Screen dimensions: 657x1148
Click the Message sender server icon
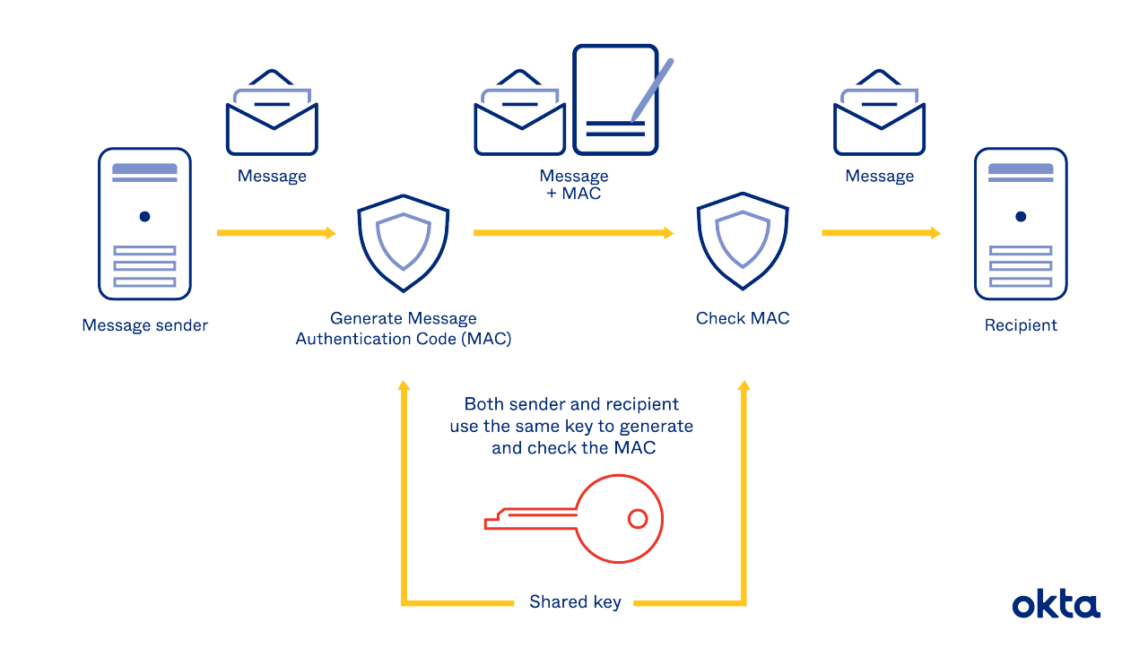pos(144,224)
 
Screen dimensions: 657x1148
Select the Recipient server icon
pos(1021,224)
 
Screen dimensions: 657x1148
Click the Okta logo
pos(1056,605)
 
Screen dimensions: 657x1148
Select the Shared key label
pos(575,602)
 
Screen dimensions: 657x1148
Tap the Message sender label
pos(144,325)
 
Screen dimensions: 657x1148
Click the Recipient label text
pos(1021,325)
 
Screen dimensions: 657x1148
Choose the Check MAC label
pos(743,318)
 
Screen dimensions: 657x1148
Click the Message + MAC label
pos(574,185)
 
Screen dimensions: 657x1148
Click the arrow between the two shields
pos(573,233)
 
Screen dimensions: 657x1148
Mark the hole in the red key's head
pos(638,518)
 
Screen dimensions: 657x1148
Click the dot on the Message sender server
pos(144,216)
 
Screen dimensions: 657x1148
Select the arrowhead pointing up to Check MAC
pos(743,386)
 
